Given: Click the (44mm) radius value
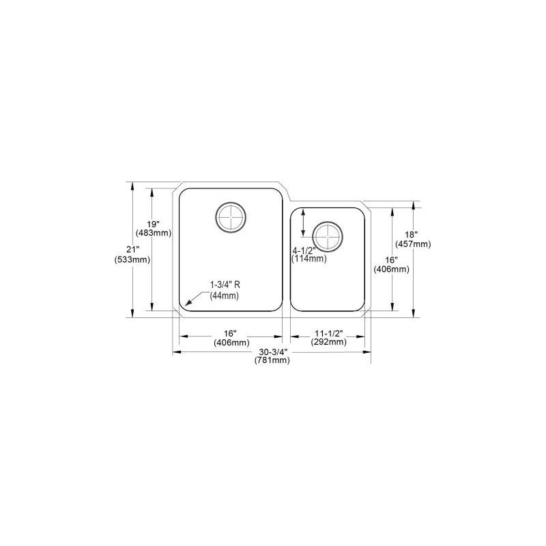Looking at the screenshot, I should [224, 296].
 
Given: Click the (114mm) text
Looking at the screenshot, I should [308, 259].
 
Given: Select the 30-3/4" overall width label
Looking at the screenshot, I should [271, 352].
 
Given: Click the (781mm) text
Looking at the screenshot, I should [271, 361].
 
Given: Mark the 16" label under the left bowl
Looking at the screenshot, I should [231, 332].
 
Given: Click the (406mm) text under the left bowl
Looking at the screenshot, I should [231, 342].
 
